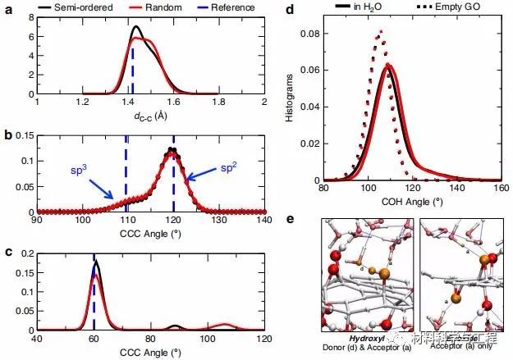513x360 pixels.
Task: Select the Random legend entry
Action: click(153, 7)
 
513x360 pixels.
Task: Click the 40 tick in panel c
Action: click(36, 338)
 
